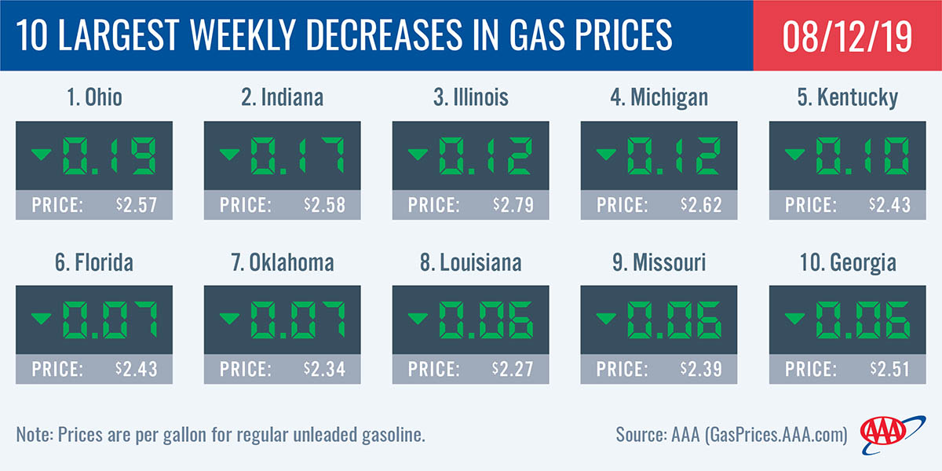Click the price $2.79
pyautogui.click(x=513, y=206)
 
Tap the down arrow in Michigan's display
pyautogui.click(x=604, y=154)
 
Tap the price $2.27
pyautogui.click(x=513, y=369)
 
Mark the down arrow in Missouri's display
pyautogui.click(x=604, y=318)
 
